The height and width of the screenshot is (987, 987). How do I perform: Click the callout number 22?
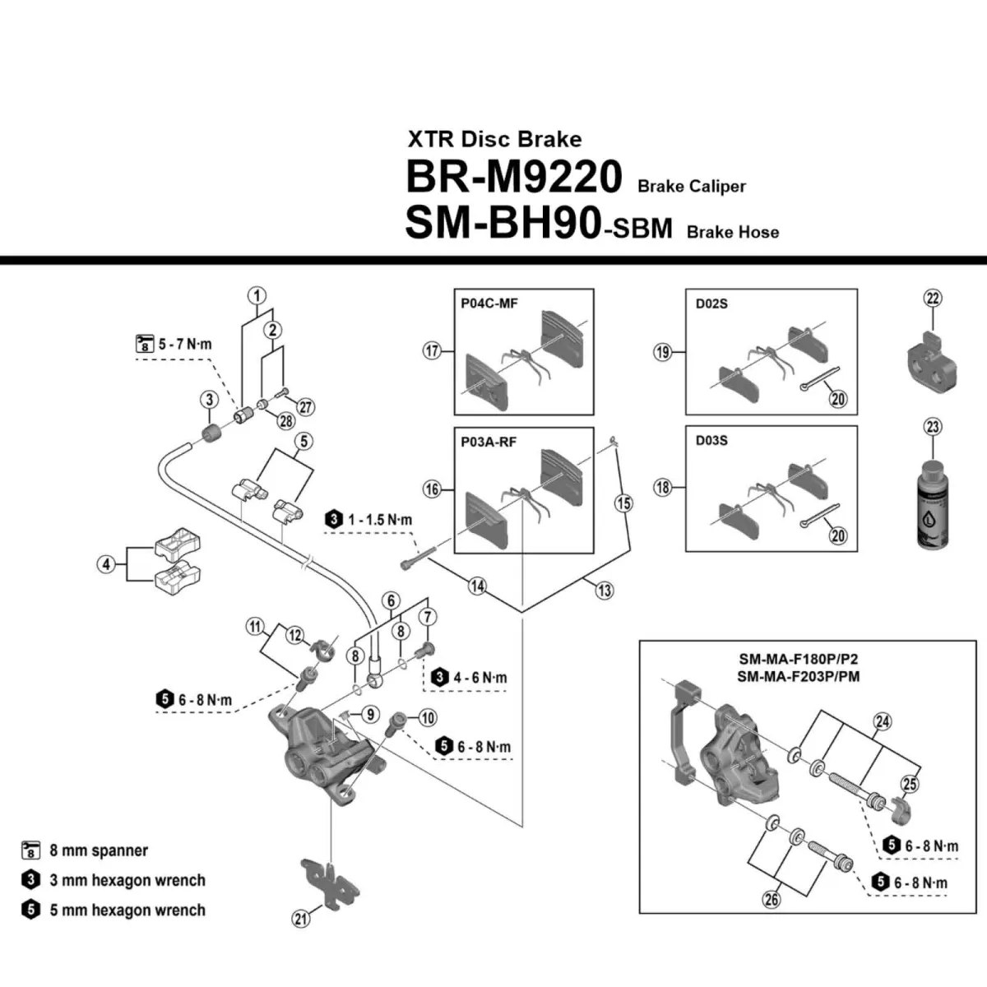(933, 299)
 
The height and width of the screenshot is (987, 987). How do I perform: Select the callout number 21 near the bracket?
(301, 918)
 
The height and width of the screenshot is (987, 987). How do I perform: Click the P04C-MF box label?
(489, 304)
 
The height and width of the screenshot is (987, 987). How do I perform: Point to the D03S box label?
(711, 440)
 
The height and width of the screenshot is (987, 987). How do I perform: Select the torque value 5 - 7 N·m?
(184, 344)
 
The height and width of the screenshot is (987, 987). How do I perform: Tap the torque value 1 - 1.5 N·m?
(379, 520)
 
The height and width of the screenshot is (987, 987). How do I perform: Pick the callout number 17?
(433, 351)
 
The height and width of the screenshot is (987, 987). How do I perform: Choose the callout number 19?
(663, 352)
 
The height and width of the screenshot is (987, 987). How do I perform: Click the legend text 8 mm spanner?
(99, 850)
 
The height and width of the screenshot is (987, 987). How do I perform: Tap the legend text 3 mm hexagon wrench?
(127, 880)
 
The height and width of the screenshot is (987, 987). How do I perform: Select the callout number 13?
(605, 590)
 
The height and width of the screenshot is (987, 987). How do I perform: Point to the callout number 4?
(106, 564)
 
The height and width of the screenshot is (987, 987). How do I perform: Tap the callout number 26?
(771, 899)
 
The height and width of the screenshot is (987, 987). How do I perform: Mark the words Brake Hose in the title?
(732, 232)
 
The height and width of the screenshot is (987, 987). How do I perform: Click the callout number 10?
(428, 718)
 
